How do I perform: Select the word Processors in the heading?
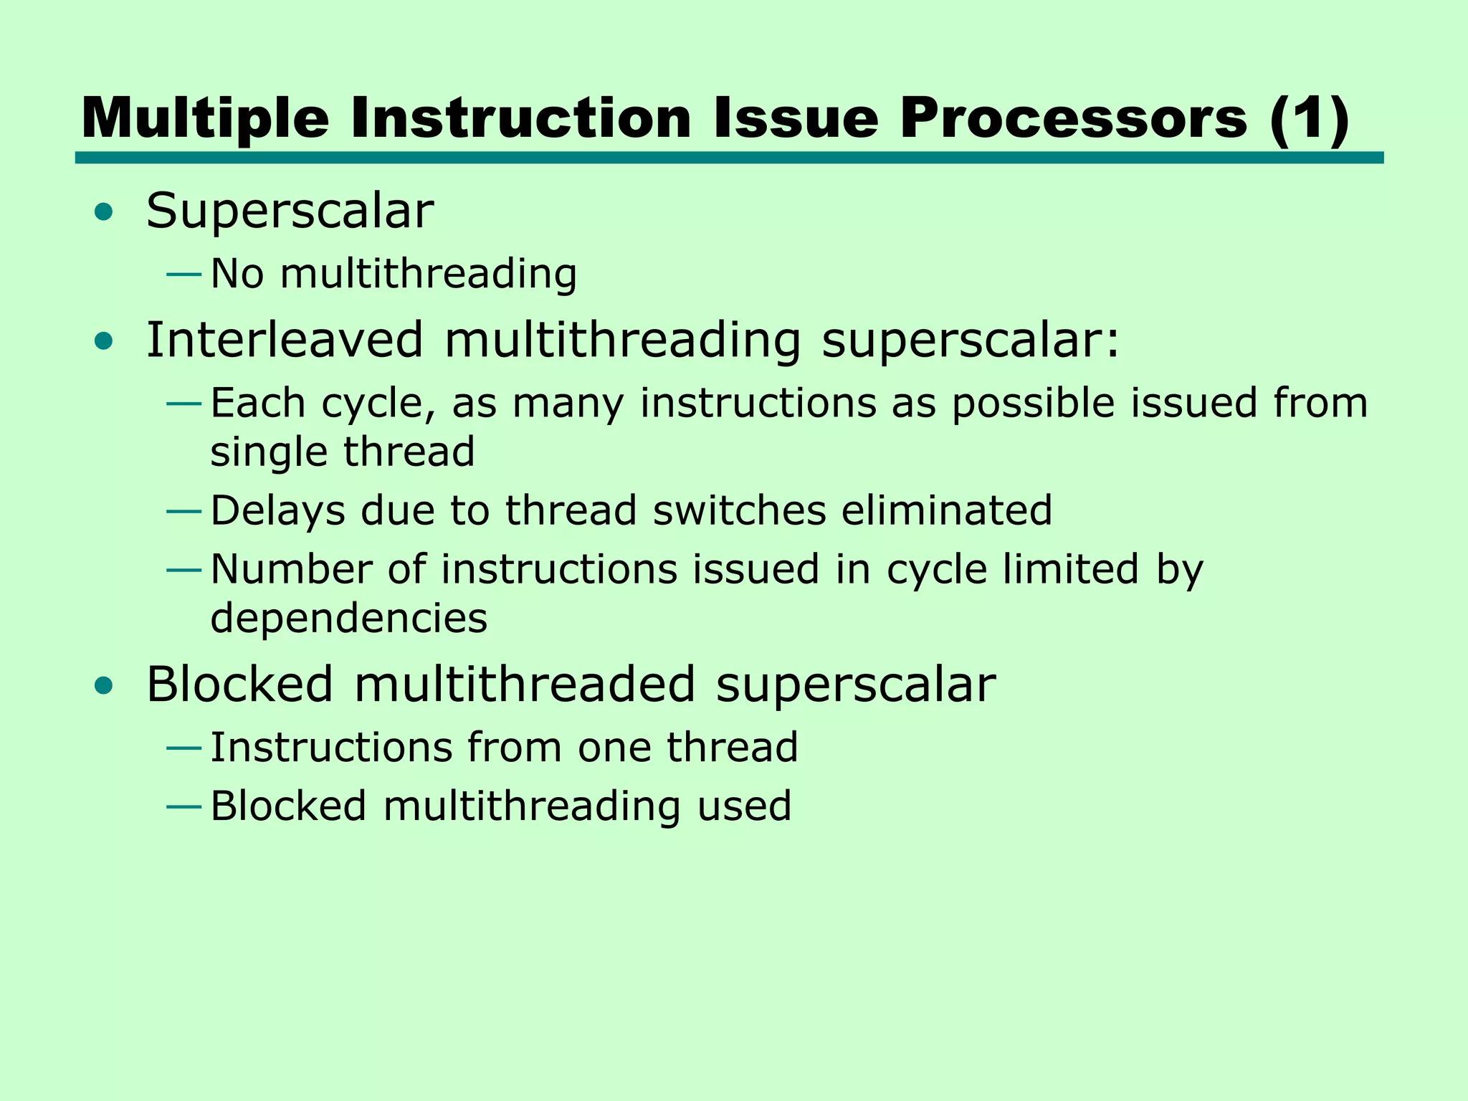click(x=1074, y=119)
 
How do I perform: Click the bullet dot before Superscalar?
click(x=104, y=212)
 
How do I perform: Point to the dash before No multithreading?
click(x=183, y=274)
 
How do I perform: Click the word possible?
click(x=1033, y=404)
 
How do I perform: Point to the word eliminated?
click(x=946, y=510)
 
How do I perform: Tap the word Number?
click(x=292, y=570)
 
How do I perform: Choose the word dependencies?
click(x=348, y=619)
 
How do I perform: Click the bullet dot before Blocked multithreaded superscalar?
click(x=104, y=685)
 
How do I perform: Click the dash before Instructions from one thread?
click(x=183, y=748)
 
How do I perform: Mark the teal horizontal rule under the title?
click(x=729, y=158)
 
